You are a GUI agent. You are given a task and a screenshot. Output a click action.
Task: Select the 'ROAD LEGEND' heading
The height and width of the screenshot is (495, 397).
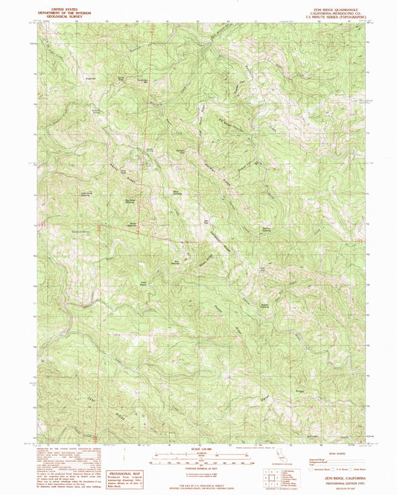pyautogui.click(x=337, y=447)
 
